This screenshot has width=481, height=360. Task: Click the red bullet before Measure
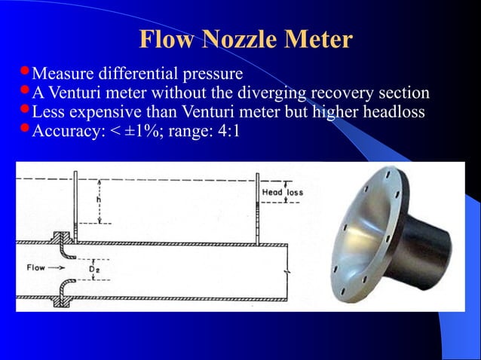(x=24, y=72)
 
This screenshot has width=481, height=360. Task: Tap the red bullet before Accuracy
(x=24, y=129)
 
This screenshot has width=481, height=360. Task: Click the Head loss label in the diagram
(x=282, y=193)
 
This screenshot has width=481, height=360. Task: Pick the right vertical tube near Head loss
(x=257, y=207)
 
